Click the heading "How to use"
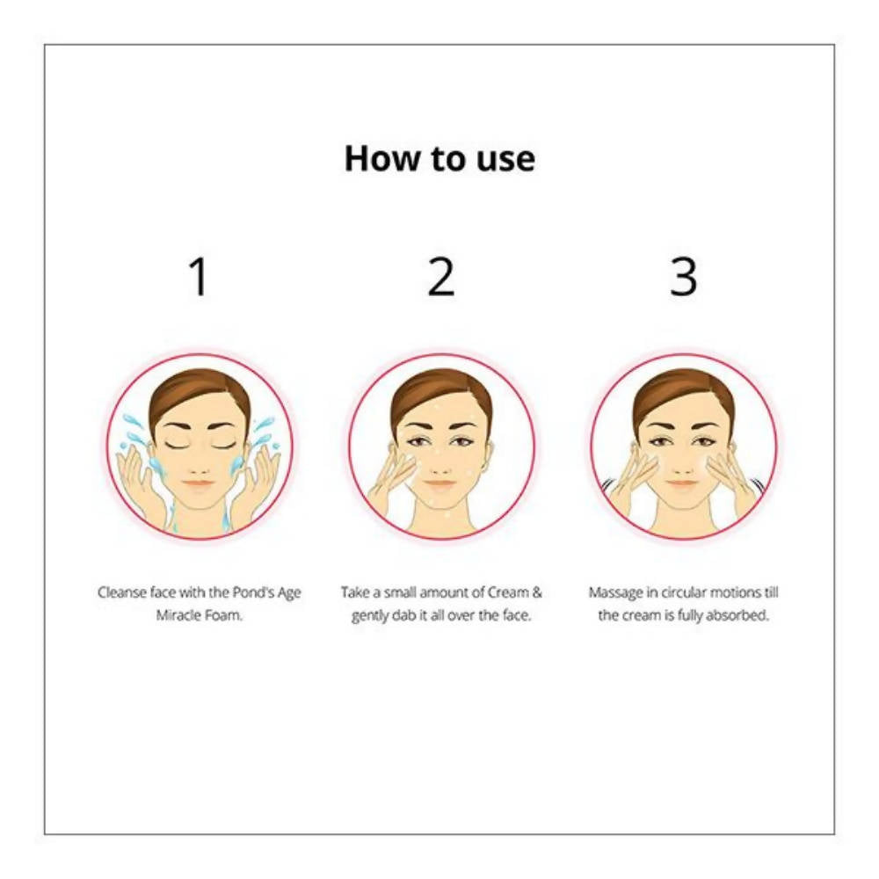439,158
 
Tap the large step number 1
199,276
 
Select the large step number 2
440,276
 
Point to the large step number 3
683,276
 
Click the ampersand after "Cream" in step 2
536,592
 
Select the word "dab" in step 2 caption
403,615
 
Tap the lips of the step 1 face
199,483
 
